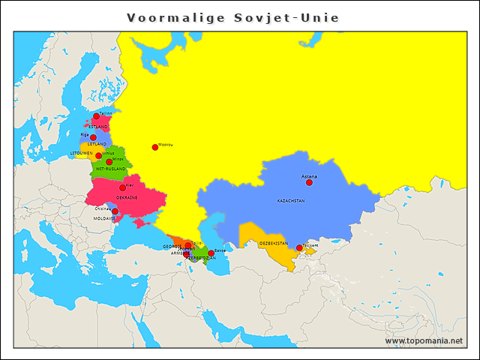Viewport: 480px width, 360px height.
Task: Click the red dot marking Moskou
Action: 155,147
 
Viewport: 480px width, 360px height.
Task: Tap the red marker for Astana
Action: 309,182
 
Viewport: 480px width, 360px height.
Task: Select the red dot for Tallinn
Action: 96,116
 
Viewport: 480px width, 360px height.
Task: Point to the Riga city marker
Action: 93,137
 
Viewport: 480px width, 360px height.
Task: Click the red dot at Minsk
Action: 109,162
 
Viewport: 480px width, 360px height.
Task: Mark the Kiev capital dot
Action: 122,187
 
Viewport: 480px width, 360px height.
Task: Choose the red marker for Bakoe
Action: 211,253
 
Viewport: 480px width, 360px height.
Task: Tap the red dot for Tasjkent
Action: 299,247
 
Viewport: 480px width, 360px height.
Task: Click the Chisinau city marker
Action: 115,211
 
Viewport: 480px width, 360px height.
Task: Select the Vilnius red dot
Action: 98,156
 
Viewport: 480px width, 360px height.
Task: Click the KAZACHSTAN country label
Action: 291,201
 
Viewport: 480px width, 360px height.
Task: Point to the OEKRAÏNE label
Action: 127,198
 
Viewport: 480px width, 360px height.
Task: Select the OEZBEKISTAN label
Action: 273,244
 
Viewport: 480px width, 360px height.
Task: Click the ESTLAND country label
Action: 97,127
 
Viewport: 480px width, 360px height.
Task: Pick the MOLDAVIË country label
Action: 104,219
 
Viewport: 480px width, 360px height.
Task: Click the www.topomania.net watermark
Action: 424,340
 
